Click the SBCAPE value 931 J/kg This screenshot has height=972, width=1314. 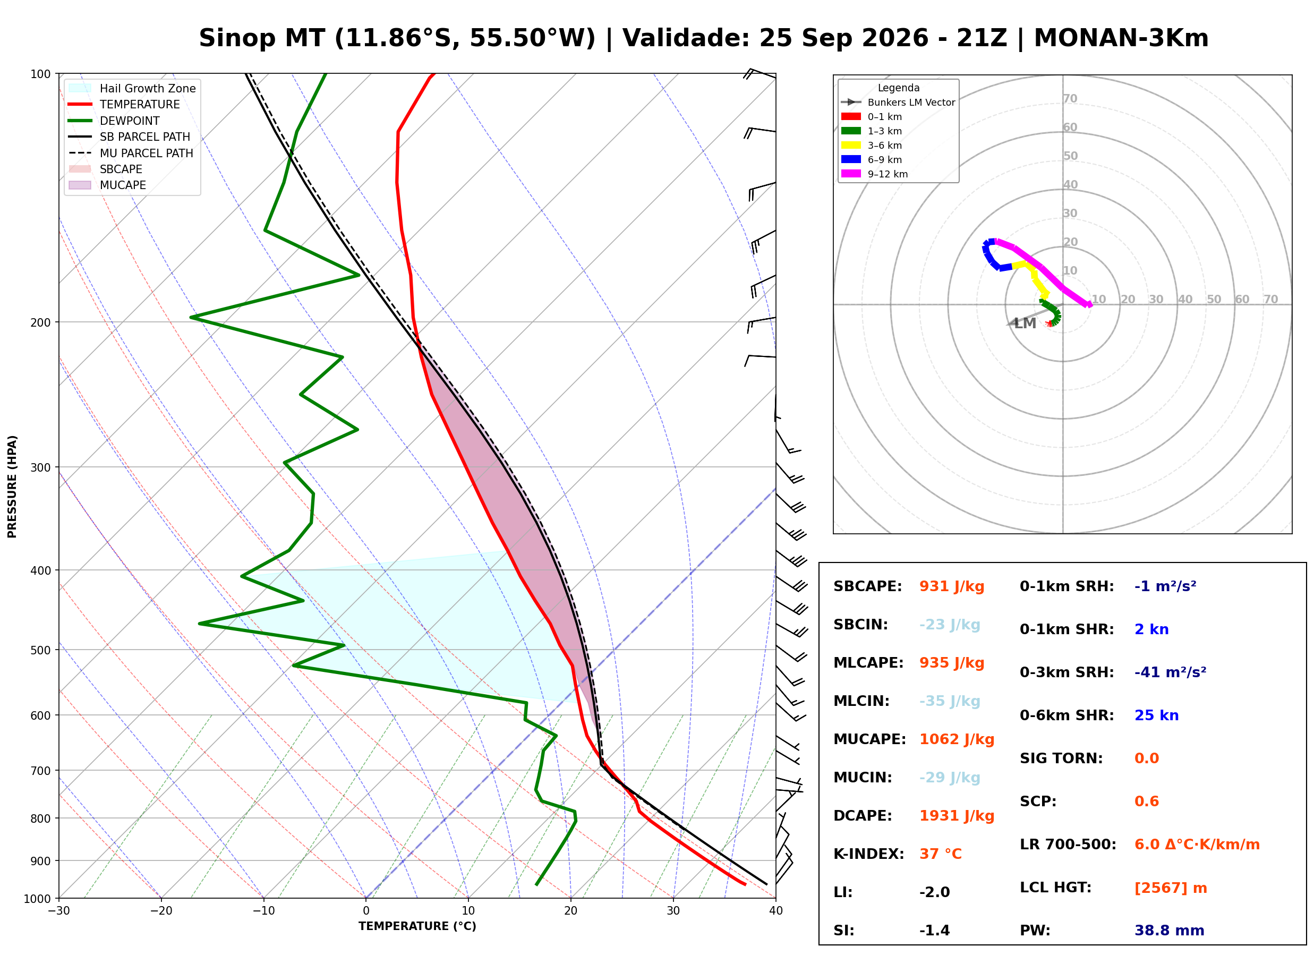pos(952,586)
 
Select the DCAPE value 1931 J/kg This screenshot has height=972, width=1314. pos(957,816)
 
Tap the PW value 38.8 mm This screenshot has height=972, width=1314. pos(1170,931)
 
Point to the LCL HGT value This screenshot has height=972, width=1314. pos(1171,888)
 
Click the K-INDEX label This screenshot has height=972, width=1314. pos(869,854)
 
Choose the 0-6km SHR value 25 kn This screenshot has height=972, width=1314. pos(1156,715)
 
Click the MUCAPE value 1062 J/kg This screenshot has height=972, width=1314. pos(957,739)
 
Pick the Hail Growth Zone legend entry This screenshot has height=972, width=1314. pos(132,88)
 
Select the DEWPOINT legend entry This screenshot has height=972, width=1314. pos(114,121)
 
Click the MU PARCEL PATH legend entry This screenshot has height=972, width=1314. pos(131,153)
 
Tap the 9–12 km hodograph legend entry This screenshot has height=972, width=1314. pos(874,174)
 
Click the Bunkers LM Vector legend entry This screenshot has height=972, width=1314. pos(898,103)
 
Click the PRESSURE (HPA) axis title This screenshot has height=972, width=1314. pos(12,487)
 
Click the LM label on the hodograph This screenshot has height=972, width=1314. pos(1025,323)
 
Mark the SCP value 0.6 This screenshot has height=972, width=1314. pos(1146,802)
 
